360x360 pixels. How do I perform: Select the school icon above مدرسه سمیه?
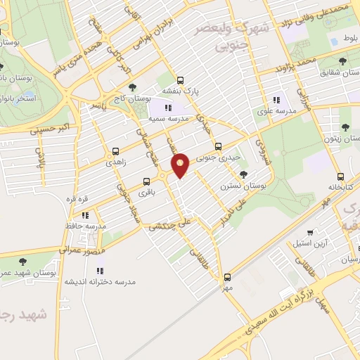[168, 108]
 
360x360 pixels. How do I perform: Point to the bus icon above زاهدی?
[115, 151]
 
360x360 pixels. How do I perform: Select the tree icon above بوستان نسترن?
[244, 174]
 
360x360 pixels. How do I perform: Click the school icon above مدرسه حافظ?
[85, 215]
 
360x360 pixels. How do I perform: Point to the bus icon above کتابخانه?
[340, 176]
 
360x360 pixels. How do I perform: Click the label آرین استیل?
[311, 243]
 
